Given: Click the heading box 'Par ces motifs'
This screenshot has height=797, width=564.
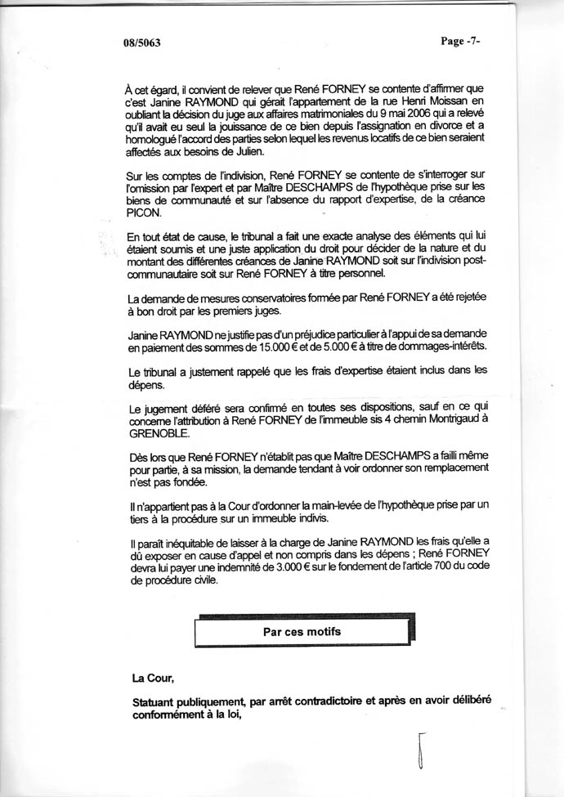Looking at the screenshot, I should click(x=302, y=632).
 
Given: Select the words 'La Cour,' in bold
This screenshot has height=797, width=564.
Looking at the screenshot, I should click(x=153, y=678).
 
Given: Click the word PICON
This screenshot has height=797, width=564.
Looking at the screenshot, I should click(x=148, y=213).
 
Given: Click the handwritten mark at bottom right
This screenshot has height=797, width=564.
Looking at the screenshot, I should click(x=421, y=750).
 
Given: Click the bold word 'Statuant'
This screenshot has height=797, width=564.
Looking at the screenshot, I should click(x=156, y=701).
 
